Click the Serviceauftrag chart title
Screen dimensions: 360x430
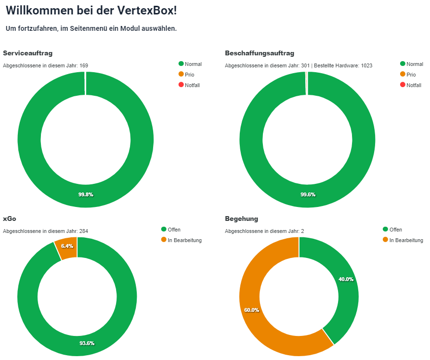coord(27,53)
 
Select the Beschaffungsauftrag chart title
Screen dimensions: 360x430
coord(260,53)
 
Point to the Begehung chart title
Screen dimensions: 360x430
coord(241,219)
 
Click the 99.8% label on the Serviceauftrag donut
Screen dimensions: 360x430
coord(86,194)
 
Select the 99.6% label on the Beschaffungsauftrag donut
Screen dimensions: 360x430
coord(308,194)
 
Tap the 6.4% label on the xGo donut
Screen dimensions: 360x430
coord(67,246)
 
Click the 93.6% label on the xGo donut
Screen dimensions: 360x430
coord(87,343)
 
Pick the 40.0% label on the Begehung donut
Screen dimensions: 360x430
coord(346,279)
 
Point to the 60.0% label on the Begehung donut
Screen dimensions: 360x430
coord(251,310)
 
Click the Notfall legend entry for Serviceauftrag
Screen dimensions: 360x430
coord(192,85)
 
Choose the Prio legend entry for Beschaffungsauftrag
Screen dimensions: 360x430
coord(411,75)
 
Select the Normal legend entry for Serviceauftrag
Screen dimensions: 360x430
coord(193,64)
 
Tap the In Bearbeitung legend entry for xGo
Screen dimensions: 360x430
coord(184,240)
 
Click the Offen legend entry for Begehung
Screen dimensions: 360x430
coord(395,230)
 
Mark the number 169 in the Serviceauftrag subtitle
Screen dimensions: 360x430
coord(84,65)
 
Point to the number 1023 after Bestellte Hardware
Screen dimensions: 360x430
coord(366,65)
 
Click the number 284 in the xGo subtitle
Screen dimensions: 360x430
coord(84,231)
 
